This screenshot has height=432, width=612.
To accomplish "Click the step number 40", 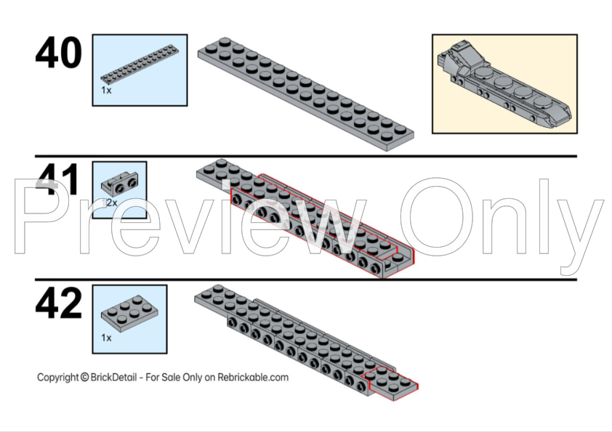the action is tap(59, 52).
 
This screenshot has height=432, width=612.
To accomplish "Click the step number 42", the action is tap(59, 303).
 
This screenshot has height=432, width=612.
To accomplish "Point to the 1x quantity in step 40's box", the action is tap(106, 90).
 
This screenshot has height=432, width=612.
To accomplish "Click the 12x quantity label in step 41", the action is tap(109, 203).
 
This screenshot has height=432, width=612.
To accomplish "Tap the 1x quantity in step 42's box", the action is tap(106, 338).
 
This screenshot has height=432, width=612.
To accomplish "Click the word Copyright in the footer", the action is tap(57, 378).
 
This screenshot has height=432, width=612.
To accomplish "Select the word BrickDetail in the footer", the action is tap(113, 377).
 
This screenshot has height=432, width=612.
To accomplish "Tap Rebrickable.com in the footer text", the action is tap(253, 377).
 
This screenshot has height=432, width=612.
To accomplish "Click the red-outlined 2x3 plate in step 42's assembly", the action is tap(390, 383).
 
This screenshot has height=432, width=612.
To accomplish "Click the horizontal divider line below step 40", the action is tap(305, 156).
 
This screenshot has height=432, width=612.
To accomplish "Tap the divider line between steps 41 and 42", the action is tap(305, 279).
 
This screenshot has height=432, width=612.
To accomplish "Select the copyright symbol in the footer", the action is tap(85, 377).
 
